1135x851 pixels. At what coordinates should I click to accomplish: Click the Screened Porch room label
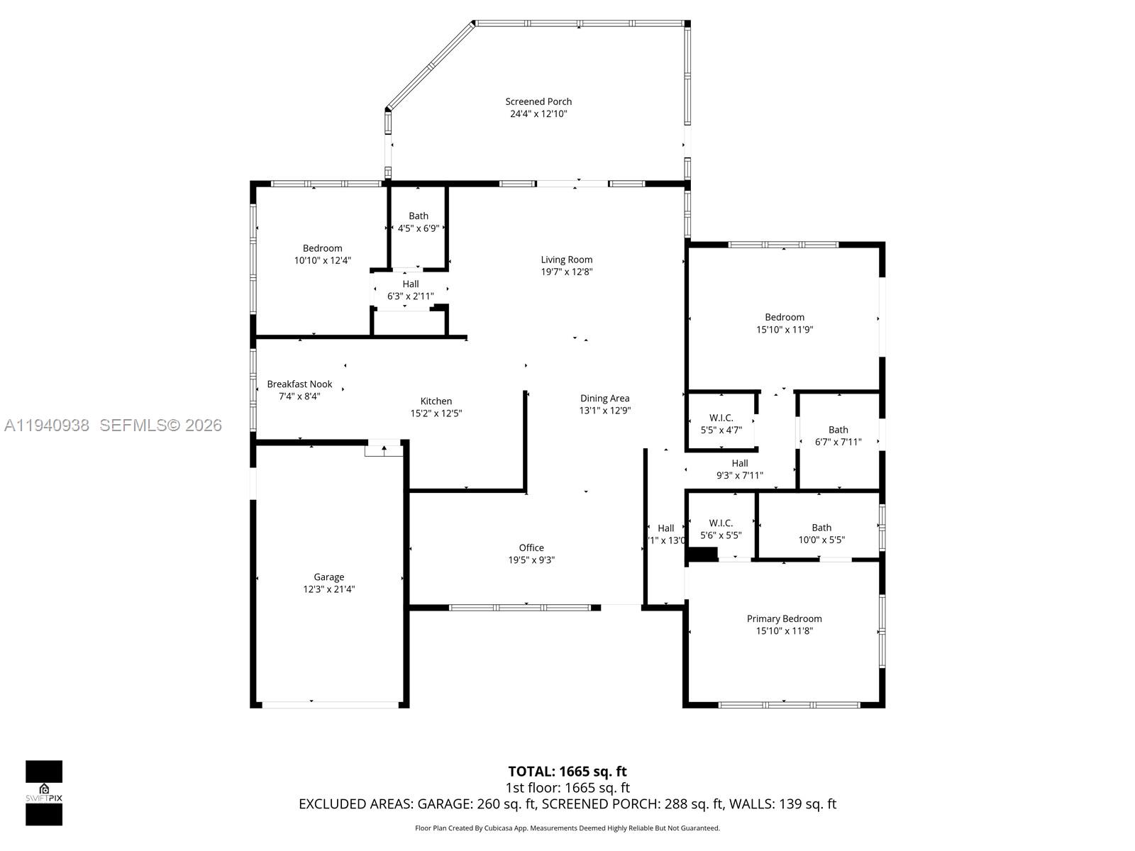(x=538, y=101)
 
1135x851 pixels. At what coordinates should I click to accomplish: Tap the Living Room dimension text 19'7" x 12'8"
(x=566, y=272)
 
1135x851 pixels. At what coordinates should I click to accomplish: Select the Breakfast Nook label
(x=299, y=384)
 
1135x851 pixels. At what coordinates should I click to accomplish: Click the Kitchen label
(x=436, y=401)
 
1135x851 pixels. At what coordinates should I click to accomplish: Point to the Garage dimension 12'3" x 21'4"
(x=328, y=589)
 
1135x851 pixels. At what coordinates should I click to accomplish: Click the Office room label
(x=531, y=547)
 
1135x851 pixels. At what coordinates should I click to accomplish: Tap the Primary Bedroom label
(x=784, y=618)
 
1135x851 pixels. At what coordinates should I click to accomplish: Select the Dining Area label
(x=604, y=398)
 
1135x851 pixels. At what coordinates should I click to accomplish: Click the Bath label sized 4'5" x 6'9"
(x=419, y=216)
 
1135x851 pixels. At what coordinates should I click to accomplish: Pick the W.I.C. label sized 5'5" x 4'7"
(x=721, y=418)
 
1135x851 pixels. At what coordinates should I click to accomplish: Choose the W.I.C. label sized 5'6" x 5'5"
(x=721, y=523)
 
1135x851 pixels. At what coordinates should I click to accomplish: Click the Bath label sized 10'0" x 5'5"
(x=821, y=527)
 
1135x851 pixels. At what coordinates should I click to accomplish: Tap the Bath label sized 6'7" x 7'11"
(x=838, y=429)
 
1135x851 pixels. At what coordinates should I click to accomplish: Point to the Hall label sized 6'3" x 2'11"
(x=411, y=284)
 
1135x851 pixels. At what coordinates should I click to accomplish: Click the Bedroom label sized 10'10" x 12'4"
(x=322, y=248)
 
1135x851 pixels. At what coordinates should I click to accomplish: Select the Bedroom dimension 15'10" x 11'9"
(x=784, y=329)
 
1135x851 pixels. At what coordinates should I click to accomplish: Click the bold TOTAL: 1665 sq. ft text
(x=567, y=771)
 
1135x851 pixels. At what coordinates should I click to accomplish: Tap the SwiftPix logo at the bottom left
(x=44, y=792)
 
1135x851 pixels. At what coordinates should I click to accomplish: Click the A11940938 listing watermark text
(x=47, y=425)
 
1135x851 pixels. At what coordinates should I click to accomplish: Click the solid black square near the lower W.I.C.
(x=703, y=555)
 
